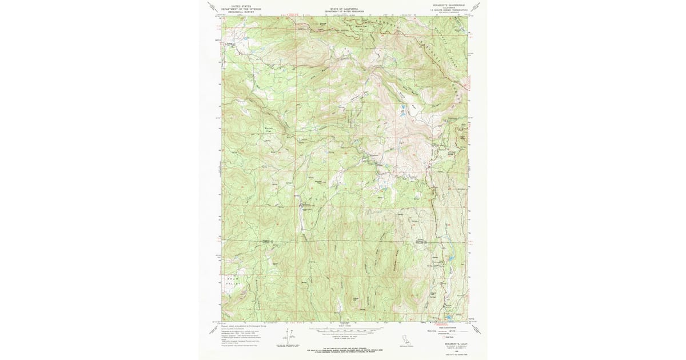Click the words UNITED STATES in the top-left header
(x=241, y=5)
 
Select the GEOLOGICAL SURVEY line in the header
(x=241, y=10)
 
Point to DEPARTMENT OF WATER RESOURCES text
(x=344, y=12)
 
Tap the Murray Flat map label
(x=270, y=130)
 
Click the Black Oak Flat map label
(x=360, y=27)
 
